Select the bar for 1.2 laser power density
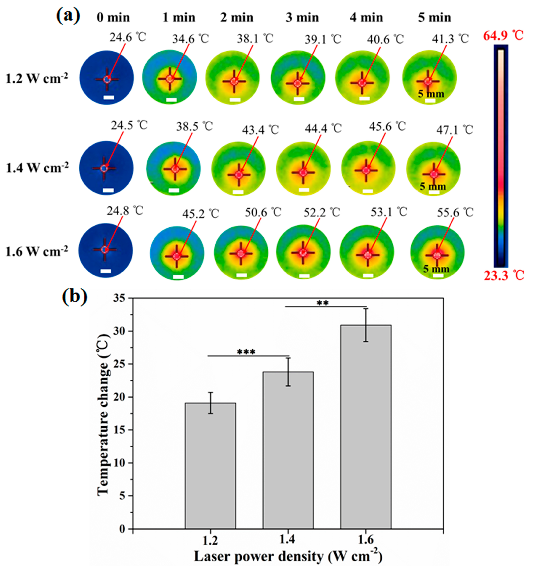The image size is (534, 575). [210, 465]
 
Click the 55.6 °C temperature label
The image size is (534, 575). [455, 213]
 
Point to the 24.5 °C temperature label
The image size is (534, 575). [129, 125]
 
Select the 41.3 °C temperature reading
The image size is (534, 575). [450, 39]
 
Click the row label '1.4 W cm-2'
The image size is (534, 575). [37, 168]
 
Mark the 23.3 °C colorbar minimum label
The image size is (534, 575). [504, 276]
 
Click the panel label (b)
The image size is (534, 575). [74, 296]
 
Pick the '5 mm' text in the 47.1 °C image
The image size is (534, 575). [432, 186]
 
